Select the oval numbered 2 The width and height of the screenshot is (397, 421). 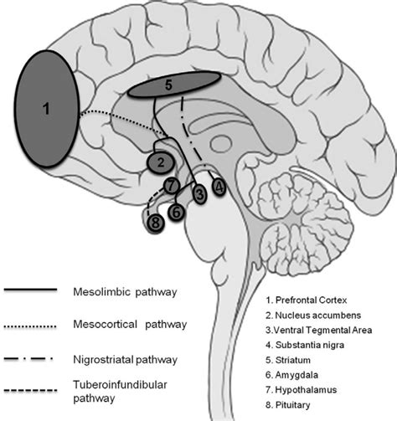click(x=159, y=159)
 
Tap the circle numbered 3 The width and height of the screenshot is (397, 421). click(x=199, y=194)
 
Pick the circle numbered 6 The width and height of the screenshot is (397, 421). click(x=177, y=213)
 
